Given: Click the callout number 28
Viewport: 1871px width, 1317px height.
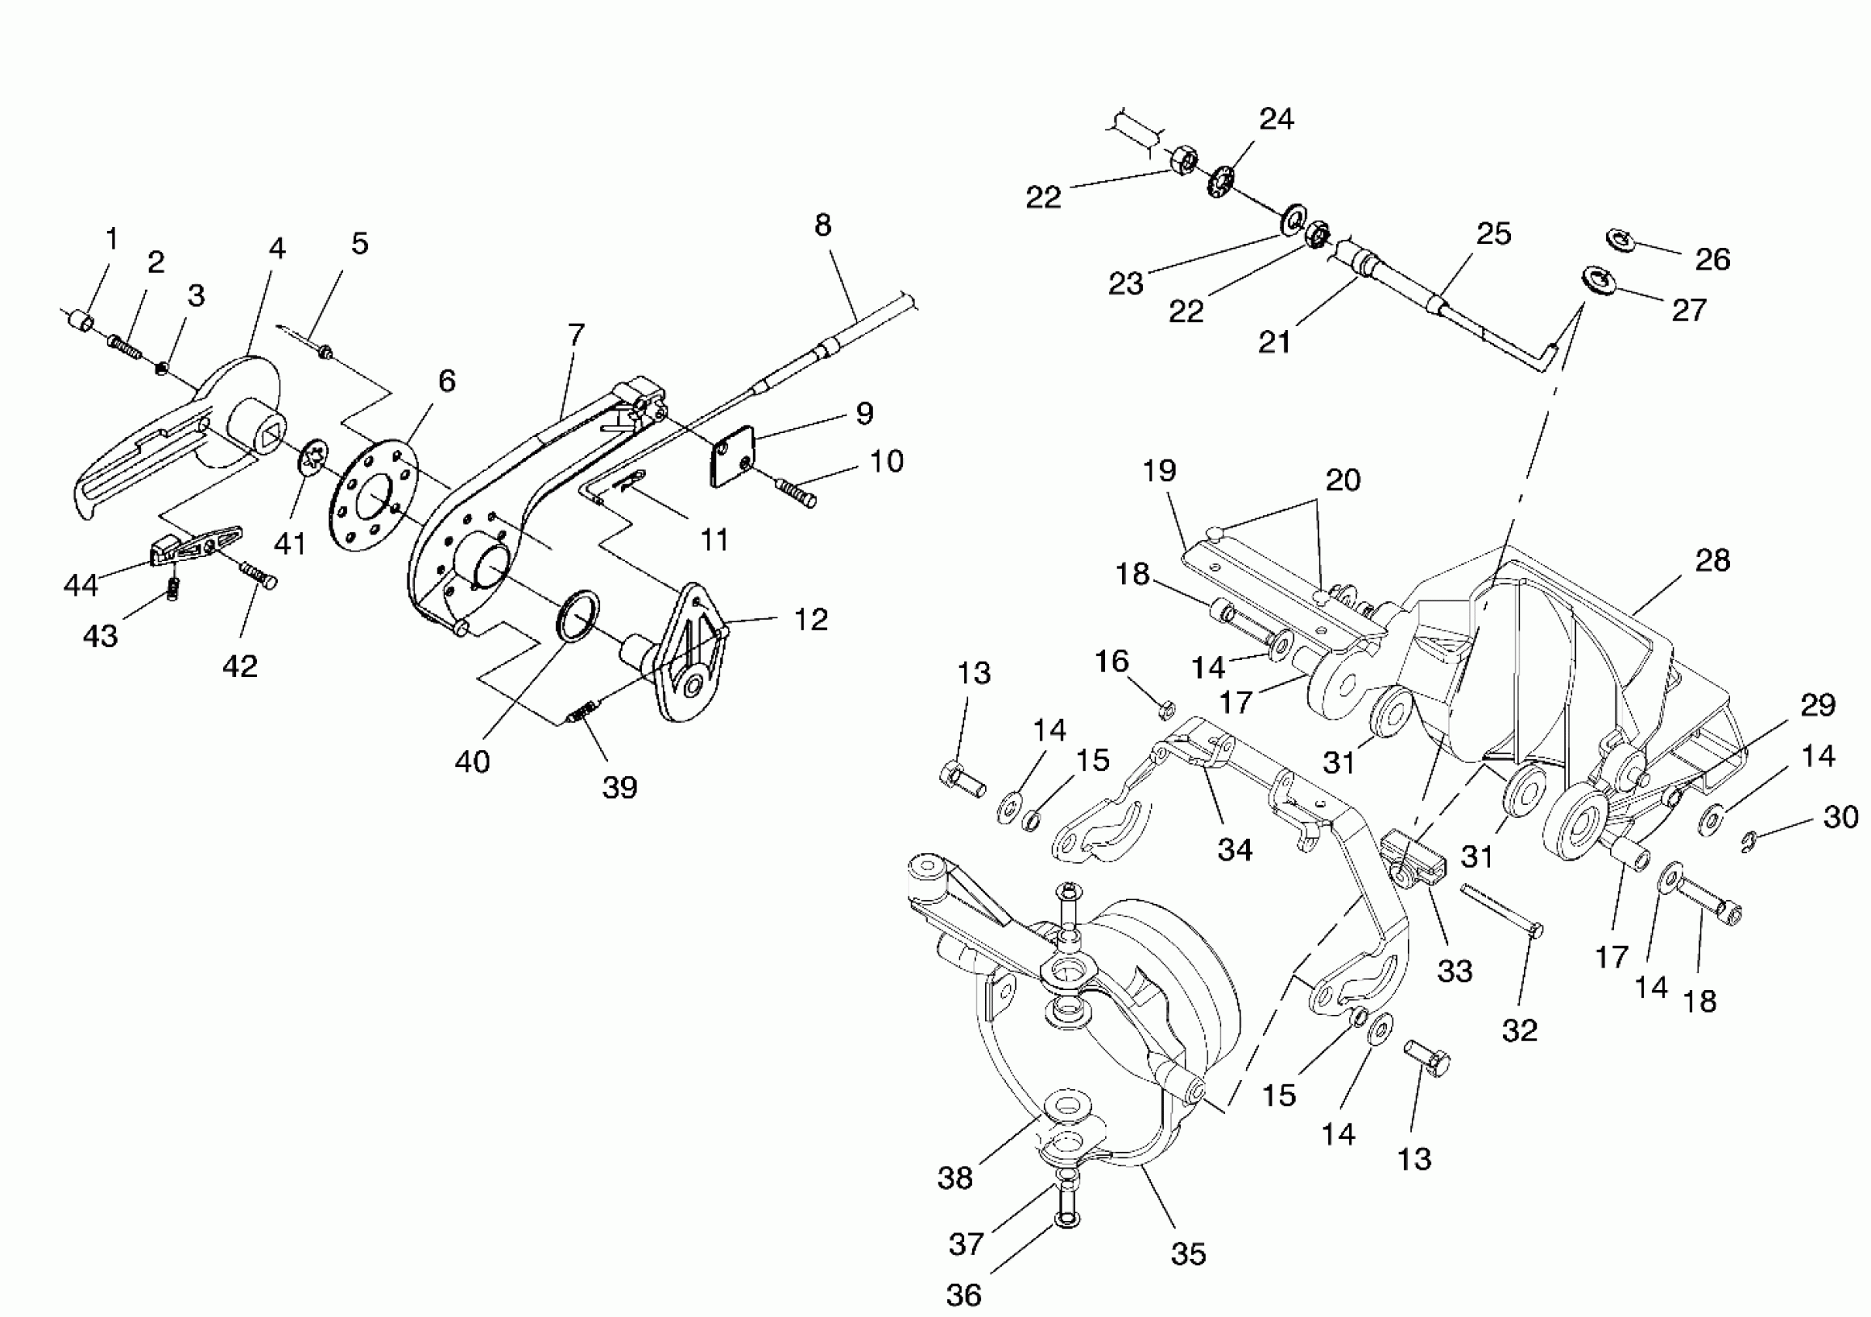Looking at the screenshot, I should [1712, 561].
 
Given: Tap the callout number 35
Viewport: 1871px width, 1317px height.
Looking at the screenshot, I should [1188, 1253].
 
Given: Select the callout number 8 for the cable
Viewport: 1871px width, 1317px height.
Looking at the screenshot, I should [823, 225].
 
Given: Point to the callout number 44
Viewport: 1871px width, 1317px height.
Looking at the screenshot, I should [81, 584].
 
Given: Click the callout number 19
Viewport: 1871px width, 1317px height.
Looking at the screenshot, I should [1159, 470].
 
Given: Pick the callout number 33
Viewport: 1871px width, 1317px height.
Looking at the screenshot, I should [1454, 971].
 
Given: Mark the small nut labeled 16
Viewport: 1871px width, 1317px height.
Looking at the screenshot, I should [1166, 708].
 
